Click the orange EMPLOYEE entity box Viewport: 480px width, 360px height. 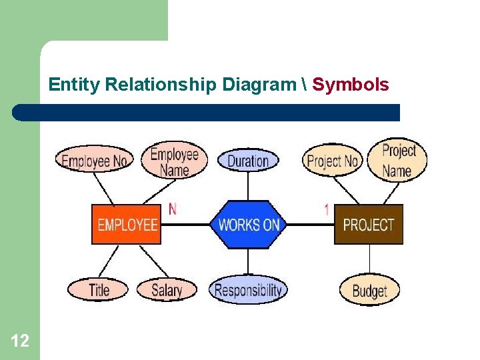click(127, 224)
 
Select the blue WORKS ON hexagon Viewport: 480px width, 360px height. click(248, 225)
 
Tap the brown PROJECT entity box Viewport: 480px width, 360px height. click(369, 225)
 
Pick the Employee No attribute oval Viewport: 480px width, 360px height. click(94, 161)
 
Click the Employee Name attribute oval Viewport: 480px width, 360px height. click(175, 161)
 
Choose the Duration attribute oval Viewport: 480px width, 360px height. click(248, 161)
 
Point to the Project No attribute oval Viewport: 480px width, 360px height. click(332, 161)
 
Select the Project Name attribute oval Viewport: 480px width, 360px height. click(397, 160)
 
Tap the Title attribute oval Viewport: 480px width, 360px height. click(98, 289)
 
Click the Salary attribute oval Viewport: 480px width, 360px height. click(167, 289)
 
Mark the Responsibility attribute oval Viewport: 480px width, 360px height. click(248, 290)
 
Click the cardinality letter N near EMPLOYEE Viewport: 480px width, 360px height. click(173, 209)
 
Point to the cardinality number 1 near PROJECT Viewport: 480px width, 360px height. click(327, 209)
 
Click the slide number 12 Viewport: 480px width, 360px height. click(20, 341)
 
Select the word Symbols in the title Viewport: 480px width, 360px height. click(351, 85)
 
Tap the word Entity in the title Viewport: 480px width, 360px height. click(75, 85)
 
